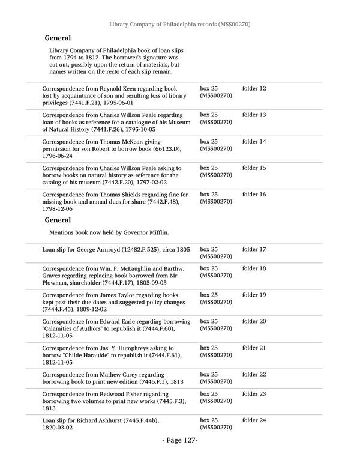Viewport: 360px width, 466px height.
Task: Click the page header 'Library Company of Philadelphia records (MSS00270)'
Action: tap(180, 25)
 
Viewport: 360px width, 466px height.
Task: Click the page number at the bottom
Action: tap(180, 441)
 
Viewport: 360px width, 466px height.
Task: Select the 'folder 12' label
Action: tap(254, 89)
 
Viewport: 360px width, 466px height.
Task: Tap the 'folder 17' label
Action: tap(254, 249)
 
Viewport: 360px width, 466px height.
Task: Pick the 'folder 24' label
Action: tap(254, 420)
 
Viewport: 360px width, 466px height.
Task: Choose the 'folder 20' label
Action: tap(254, 321)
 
